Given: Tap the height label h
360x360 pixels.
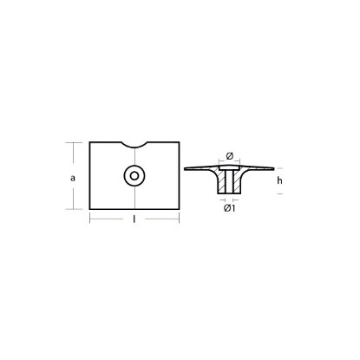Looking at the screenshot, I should pyautogui.click(x=279, y=180).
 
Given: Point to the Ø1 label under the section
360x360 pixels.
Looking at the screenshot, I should pyautogui.click(x=230, y=208).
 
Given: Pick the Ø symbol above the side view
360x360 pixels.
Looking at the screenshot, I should pyautogui.click(x=230, y=156).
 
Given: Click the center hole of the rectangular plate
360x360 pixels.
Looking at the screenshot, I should pyautogui.click(x=134, y=175).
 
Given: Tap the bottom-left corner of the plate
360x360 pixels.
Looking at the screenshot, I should pyautogui.click(x=91, y=209).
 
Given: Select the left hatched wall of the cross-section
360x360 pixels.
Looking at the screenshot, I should pyautogui.click(x=223, y=183).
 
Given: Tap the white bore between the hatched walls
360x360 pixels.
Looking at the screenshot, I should pyautogui.click(x=230, y=183).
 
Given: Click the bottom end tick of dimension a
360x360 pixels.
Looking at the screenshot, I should pyautogui.click(x=84, y=209).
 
